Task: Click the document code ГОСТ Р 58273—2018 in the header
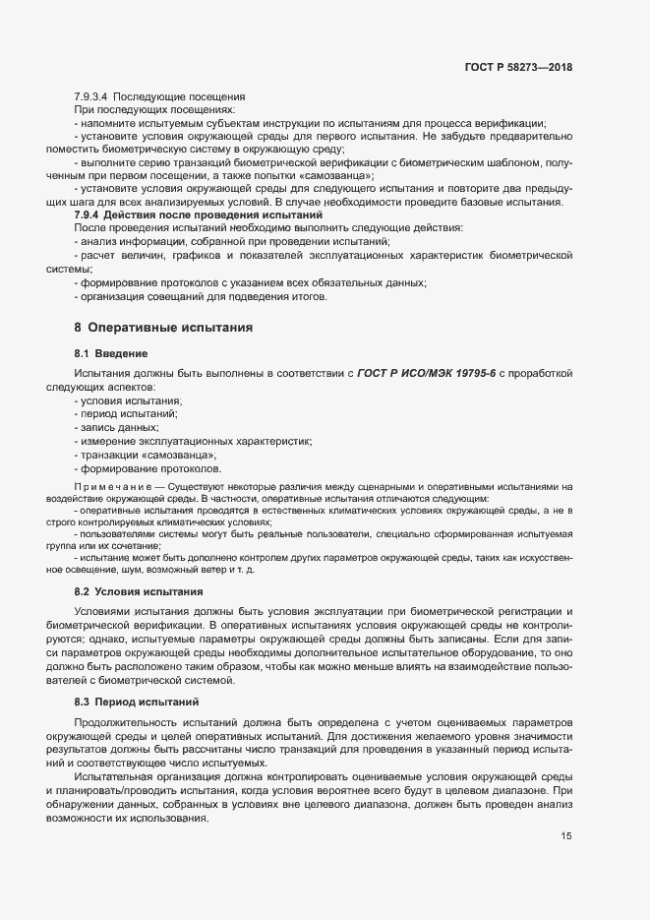pos(517,67)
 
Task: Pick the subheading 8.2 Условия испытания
pos(139,591)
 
